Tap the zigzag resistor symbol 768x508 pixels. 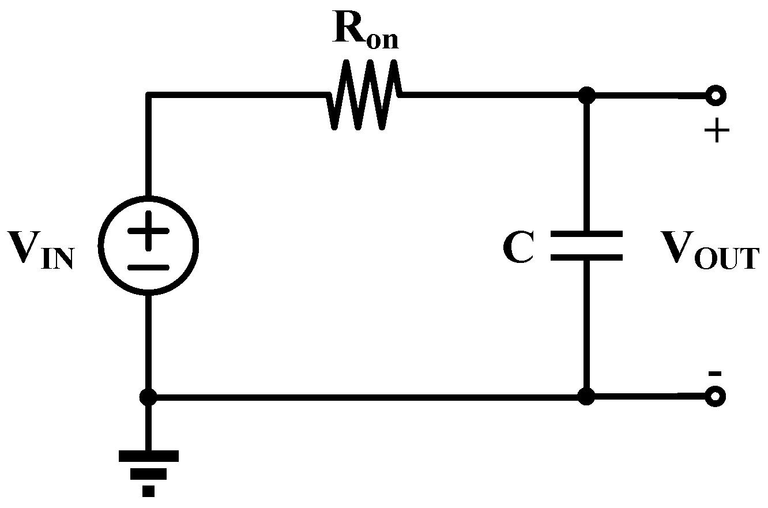(x=364, y=95)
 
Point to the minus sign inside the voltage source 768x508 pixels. (x=149, y=267)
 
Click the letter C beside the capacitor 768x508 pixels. (x=518, y=249)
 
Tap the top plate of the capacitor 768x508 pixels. (x=586, y=234)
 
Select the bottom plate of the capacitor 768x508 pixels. (x=586, y=257)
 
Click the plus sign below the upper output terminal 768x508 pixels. (x=716, y=133)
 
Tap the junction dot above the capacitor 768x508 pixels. (x=586, y=95)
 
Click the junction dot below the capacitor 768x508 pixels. (x=586, y=397)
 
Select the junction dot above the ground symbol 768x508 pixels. (x=149, y=397)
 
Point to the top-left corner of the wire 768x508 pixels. (x=149, y=96)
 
